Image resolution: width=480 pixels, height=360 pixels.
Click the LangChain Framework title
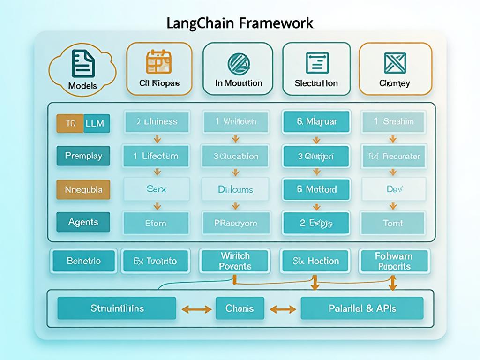[240, 23]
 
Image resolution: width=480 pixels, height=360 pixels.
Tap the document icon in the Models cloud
[83, 64]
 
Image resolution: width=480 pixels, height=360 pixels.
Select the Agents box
[83, 222]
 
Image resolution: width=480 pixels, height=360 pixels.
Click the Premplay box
[83, 156]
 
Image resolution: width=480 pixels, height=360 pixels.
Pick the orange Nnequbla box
[83, 190]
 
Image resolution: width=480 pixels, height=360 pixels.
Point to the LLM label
[97, 123]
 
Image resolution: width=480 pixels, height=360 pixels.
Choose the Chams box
[240, 308]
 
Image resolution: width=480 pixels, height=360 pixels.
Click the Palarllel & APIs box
[362, 308]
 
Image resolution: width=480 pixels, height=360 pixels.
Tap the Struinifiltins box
[117, 308]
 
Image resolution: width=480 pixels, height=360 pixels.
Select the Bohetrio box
[83, 261]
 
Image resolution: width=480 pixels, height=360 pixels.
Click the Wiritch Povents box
[235, 261]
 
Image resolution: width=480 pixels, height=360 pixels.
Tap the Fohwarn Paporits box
[393, 261]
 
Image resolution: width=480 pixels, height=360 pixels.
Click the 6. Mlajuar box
[316, 122]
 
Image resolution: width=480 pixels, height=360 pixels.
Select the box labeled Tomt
[393, 223]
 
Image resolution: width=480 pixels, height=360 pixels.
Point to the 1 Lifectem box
[156, 156]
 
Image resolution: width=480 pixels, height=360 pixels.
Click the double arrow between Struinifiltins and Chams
[196, 309]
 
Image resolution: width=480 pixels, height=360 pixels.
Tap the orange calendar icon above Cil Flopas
[159, 62]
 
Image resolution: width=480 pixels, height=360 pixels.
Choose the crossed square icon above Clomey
[395, 63]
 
